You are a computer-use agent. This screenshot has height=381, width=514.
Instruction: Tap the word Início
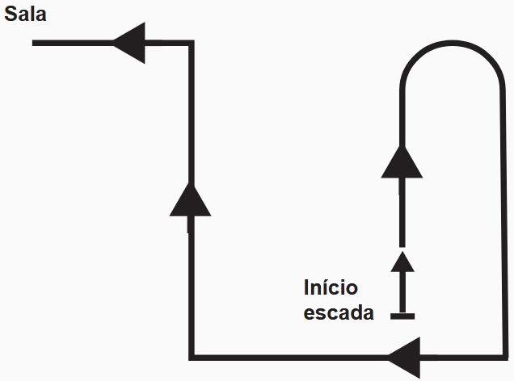point(331,288)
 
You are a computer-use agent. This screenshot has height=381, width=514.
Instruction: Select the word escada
point(339,313)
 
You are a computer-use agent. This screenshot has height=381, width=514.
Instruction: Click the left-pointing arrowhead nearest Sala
point(130,43)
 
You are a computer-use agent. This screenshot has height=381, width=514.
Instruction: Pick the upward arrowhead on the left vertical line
point(190,199)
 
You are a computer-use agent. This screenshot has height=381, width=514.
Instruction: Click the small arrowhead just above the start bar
point(402,261)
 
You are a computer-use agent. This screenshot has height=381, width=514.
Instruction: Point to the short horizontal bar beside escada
point(402,316)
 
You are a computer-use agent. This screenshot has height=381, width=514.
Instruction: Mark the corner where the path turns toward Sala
point(191,43)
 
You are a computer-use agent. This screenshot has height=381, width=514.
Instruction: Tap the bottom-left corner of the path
point(191,356)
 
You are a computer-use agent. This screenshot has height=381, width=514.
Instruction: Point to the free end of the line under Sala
point(34,43)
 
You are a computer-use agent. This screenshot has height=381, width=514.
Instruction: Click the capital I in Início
point(307,288)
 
